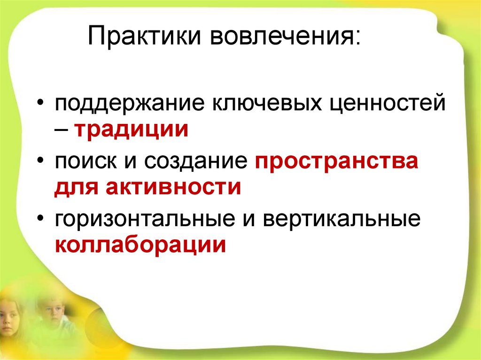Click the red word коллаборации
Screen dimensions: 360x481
point(140,245)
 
